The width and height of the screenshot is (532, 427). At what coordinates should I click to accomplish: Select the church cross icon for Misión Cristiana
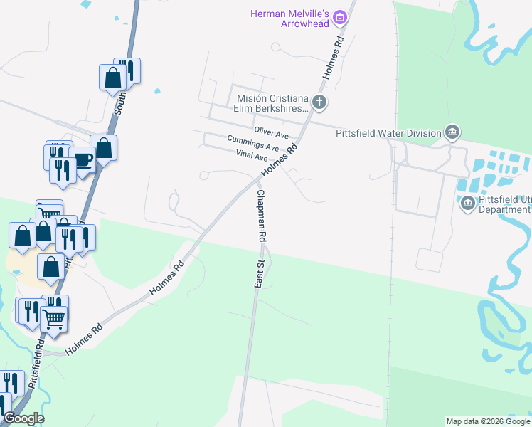[319, 102]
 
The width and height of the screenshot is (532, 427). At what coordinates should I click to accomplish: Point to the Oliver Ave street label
[272, 133]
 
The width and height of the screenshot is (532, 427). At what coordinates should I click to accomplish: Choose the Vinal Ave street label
[252, 156]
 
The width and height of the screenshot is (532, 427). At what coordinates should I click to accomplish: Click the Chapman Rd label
[261, 215]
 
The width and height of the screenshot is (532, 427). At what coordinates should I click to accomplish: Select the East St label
[260, 273]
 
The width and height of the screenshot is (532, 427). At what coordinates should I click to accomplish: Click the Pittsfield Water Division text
[388, 132]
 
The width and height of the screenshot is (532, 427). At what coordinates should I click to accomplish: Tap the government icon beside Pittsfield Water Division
[452, 132]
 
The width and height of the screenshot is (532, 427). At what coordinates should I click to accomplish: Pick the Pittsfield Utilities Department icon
[468, 204]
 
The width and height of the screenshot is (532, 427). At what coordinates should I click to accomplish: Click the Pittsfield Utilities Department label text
[504, 204]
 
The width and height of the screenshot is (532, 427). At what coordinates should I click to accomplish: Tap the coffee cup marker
[83, 159]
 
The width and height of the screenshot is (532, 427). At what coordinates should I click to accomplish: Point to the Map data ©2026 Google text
[487, 421]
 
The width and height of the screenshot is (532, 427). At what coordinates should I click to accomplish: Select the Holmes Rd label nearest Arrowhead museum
[333, 57]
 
